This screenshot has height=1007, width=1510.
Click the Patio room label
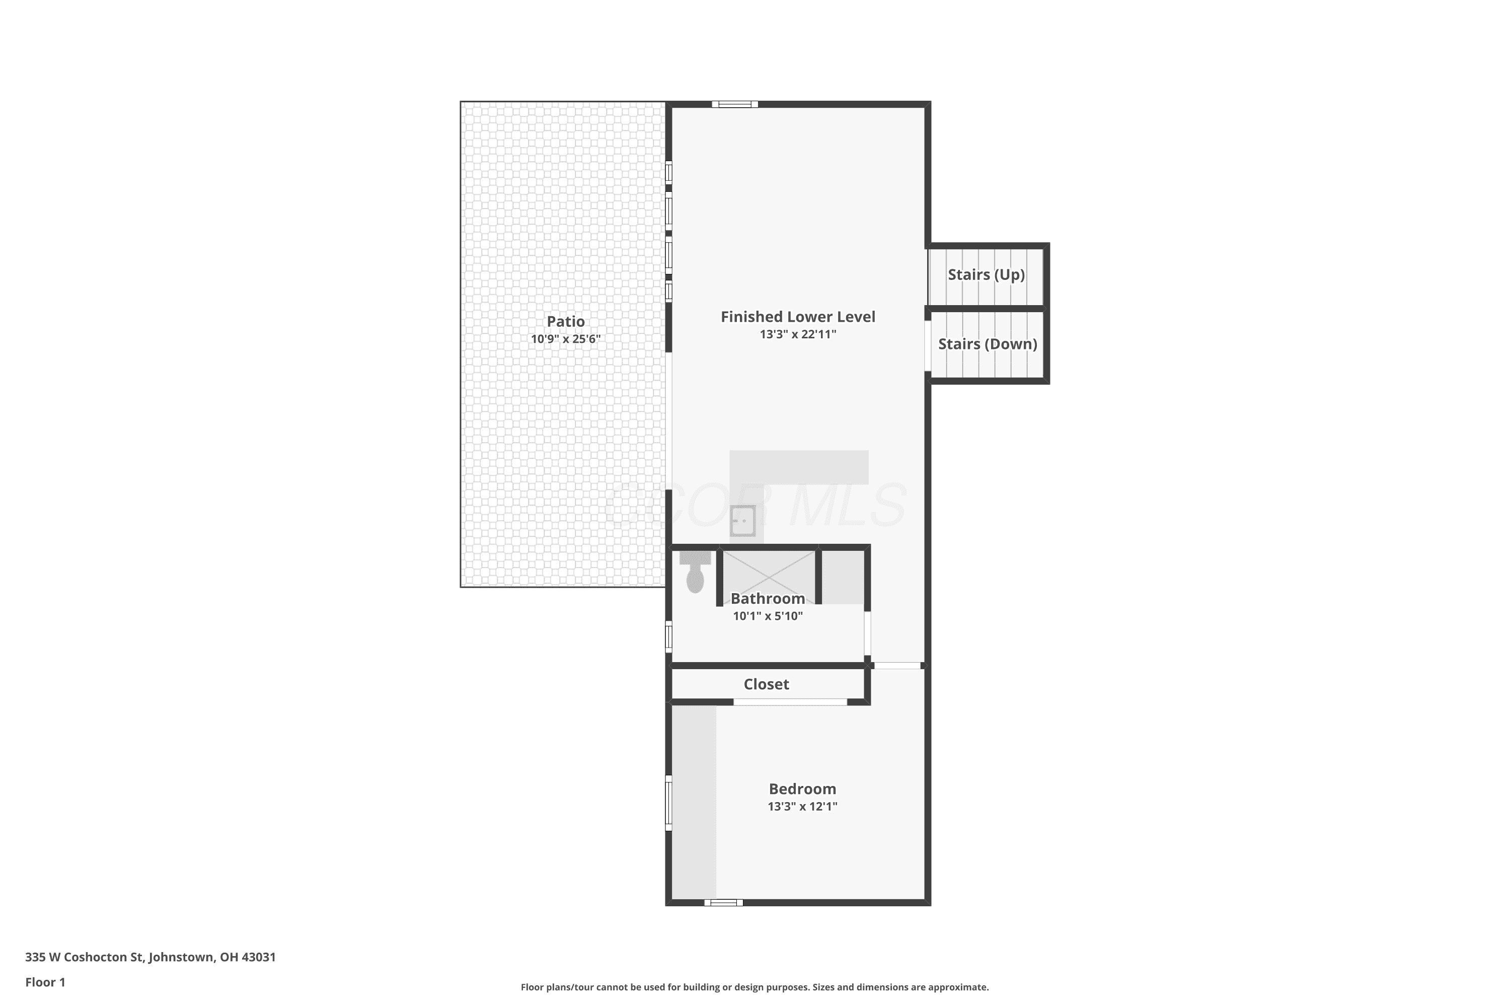[x=566, y=322]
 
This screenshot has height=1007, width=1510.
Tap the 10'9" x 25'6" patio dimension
[x=566, y=339]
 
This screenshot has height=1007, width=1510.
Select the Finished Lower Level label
[x=798, y=317]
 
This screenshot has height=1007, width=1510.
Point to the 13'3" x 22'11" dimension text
[x=798, y=334]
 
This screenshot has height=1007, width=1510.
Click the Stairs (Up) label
[x=986, y=275]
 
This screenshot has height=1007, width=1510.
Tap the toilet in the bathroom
[x=695, y=571]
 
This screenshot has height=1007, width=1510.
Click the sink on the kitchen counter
[x=743, y=521]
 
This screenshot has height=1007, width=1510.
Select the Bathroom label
[x=768, y=599]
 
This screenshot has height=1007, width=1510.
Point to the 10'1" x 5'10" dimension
[x=768, y=616]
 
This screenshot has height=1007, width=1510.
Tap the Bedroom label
[x=802, y=788]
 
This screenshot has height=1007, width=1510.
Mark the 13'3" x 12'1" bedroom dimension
[x=802, y=807]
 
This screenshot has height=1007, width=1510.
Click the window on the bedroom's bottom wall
[x=724, y=902]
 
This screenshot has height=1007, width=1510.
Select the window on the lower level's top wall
[x=735, y=105]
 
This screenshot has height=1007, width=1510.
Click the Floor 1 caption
[x=45, y=982]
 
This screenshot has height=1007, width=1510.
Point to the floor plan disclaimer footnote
[x=755, y=987]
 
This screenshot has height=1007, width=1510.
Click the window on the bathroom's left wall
[x=668, y=637]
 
